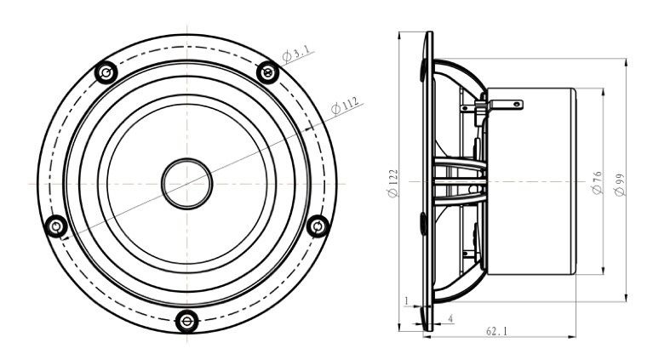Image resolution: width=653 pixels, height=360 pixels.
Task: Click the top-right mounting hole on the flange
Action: [266, 73]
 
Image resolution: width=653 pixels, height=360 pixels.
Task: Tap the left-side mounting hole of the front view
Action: [56, 226]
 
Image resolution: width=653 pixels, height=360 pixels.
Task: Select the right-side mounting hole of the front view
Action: [317, 226]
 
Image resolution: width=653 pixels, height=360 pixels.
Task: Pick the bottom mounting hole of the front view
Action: [186, 321]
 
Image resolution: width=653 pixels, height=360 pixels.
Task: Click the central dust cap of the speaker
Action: [186, 182]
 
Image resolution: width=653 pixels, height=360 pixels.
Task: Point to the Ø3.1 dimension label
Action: [299, 53]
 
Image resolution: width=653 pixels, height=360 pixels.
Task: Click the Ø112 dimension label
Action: [345, 106]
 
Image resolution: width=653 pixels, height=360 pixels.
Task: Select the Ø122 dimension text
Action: [392, 183]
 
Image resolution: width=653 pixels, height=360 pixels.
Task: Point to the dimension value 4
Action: [450, 318]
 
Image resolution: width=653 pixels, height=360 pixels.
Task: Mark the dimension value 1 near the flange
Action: [407, 300]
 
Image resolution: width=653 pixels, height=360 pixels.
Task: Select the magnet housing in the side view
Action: [532, 183]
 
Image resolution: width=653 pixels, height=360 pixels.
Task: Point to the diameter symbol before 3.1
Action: [288, 57]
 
